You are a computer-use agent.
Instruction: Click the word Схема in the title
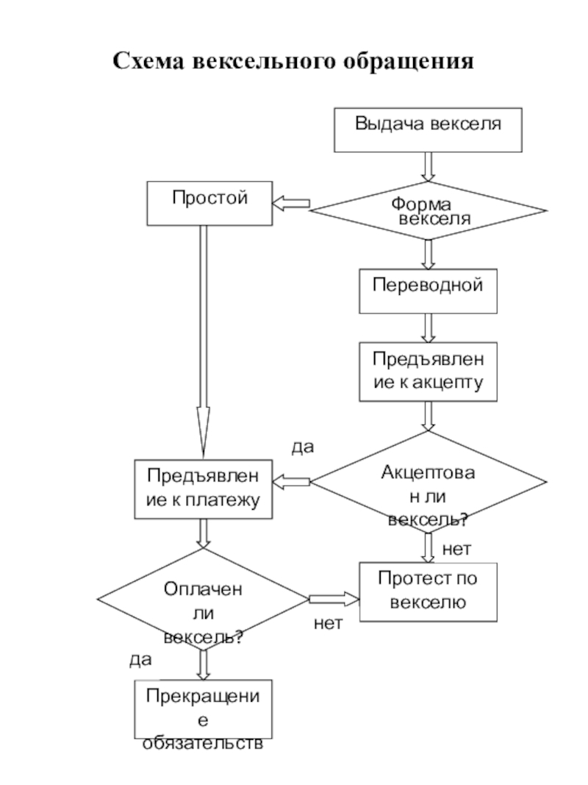point(149,61)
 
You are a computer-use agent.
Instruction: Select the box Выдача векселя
point(429,129)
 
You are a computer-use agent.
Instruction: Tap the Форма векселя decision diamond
point(429,210)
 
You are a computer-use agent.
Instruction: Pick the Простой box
point(209,204)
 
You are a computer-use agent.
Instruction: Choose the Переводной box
point(428,290)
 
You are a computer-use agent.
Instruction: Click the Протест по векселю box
point(428,591)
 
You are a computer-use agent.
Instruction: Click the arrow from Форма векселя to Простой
point(291,205)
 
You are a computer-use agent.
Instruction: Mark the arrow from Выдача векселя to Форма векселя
point(429,165)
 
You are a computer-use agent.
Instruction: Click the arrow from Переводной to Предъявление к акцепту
point(429,327)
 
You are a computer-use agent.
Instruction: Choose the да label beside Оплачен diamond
point(140,660)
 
